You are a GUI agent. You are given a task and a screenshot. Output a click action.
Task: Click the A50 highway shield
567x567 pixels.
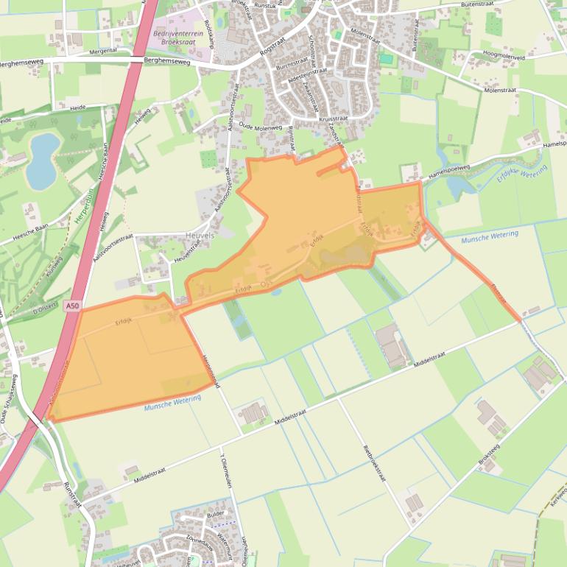[x=71, y=306]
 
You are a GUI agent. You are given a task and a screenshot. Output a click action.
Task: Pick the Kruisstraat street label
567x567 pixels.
[x=333, y=118]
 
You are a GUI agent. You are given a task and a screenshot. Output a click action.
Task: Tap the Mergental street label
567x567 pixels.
[x=103, y=52]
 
